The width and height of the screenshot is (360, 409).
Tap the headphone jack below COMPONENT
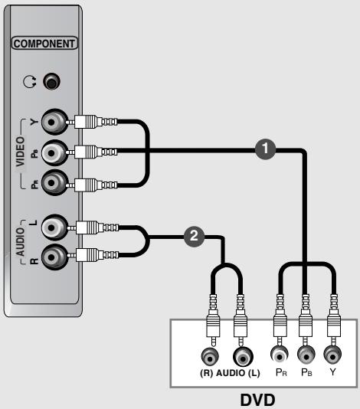[x=52, y=80]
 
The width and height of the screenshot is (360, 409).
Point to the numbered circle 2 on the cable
[x=195, y=236]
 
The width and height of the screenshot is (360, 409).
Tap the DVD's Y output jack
[x=332, y=355]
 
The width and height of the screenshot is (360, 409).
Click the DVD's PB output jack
[x=306, y=355]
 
